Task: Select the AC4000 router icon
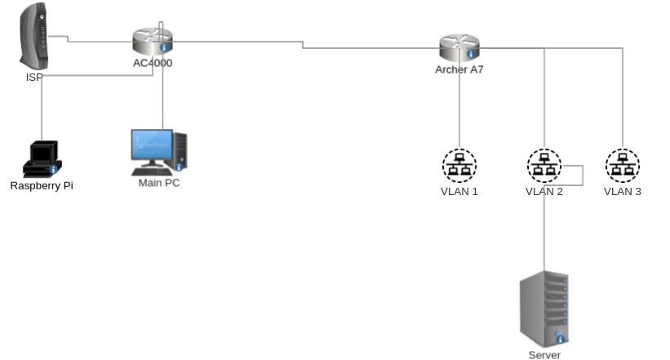pyautogui.click(x=153, y=40)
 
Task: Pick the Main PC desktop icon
pyautogui.click(x=159, y=151)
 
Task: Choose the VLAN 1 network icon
pyautogui.click(x=459, y=166)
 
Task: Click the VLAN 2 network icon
pyautogui.click(x=544, y=166)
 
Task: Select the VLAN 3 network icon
pyautogui.click(x=623, y=166)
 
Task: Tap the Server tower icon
pyautogui.click(x=544, y=310)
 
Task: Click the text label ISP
pyautogui.click(x=33, y=78)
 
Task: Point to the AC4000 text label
pyautogui.click(x=153, y=63)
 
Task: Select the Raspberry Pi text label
pyautogui.click(x=42, y=185)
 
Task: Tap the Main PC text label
pyautogui.click(x=159, y=183)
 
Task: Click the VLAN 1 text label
pyautogui.click(x=459, y=192)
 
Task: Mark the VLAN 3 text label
pyautogui.click(x=623, y=192)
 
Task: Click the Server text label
pyautogui.click(x=544, y=354)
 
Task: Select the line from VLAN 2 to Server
pyautogui.click(x=544, y=237)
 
